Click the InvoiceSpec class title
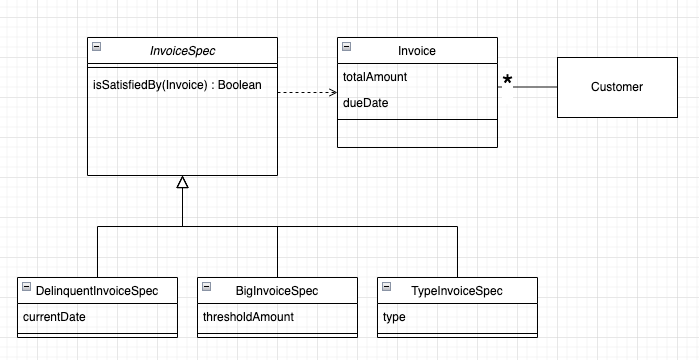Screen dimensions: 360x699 (x=181, y=50)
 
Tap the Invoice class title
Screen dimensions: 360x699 (x=415, y=50)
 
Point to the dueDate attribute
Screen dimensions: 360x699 (x=360, y=103)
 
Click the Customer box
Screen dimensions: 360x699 (x=616, y=87)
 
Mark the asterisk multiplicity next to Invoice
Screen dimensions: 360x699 (x=507, y=80)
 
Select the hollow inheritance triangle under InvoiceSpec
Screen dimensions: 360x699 (x=182, y=182)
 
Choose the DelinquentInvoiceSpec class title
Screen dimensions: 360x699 (x=97, y=291)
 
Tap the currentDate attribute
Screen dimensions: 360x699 (x=54, y=317)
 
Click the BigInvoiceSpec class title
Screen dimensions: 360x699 (x=277, y=291)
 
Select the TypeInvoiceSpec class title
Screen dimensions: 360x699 (x=457, y=291)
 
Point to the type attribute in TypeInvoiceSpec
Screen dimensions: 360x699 (x=396, y=317)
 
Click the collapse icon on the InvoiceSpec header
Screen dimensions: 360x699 (x=96, y=48)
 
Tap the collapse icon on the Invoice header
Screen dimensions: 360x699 (x=345, y=48)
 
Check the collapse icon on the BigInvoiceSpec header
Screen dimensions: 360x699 (x=206, y=288)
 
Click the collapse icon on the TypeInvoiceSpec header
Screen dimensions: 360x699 (x=387, y=288)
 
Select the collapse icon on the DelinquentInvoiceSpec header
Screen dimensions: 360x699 (x=26, y=288)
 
